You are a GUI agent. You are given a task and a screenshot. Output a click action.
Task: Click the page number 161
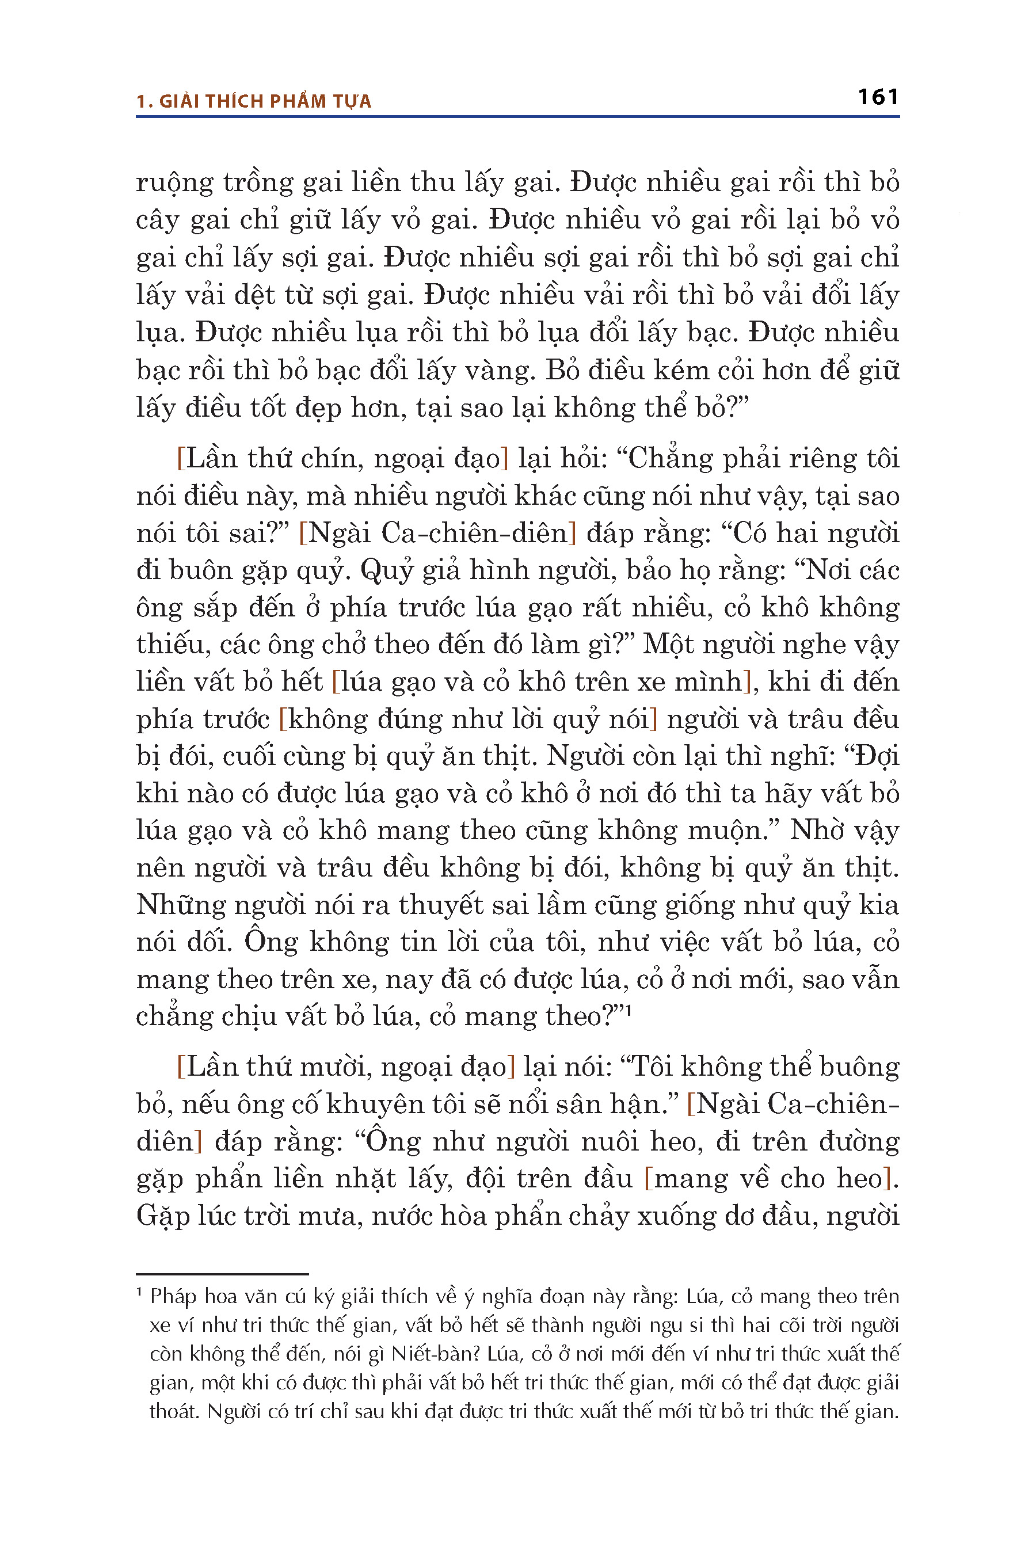coord(877,97)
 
